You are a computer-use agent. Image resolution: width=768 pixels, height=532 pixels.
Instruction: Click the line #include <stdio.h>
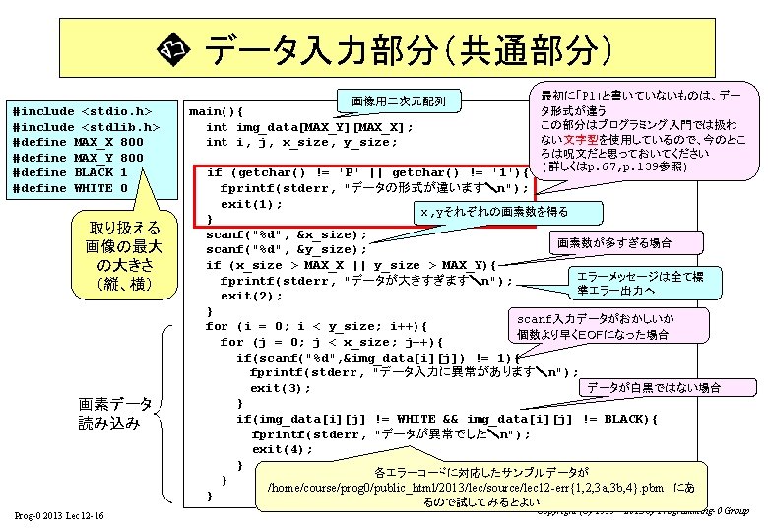(81, 111)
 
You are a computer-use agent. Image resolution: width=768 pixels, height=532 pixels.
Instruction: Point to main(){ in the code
(216, 111)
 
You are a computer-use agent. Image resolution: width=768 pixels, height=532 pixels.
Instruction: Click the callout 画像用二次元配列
(399, 101)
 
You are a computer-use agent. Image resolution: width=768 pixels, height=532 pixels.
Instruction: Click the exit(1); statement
(251, 204)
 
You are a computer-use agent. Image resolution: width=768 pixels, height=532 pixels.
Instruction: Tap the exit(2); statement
(251, 296)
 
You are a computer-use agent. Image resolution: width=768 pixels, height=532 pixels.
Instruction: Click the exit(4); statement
(282, 449)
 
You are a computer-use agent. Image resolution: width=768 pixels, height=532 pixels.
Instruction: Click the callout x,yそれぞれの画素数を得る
(494, 212)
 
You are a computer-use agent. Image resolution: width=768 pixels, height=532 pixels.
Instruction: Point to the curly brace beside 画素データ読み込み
(166, 414)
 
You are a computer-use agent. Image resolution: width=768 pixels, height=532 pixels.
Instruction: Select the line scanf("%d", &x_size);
(286, 234)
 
